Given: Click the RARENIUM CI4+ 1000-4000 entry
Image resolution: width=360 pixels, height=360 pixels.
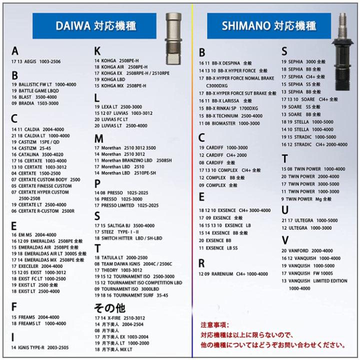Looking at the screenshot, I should coord(233,274).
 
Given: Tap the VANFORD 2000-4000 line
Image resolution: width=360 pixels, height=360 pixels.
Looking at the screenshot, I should coord(307,250).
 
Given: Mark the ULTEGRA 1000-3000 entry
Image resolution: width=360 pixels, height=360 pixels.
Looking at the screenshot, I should coord(306,227).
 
